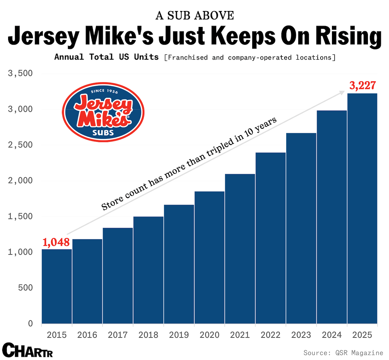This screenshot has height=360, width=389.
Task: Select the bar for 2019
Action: point(179,264)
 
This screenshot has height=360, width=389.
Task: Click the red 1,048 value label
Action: point(56,242)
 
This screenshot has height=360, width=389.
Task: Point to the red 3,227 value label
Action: point(362,85)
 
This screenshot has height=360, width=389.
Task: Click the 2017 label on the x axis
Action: point(118,335)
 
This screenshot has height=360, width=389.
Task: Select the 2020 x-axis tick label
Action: point(209,335)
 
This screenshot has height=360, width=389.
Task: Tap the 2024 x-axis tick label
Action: point(332,335)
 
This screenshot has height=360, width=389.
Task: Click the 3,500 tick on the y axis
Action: point(20,73)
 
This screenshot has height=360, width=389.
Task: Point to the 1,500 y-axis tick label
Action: point(20,216)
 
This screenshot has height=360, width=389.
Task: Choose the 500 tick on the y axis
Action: point(25,288)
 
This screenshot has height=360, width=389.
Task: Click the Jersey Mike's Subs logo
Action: point(103,112)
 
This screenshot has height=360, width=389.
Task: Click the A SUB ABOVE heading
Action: point(194,15)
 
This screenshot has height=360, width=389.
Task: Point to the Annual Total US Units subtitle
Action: point(106,57)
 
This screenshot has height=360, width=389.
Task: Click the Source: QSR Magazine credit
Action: point(343,353)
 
